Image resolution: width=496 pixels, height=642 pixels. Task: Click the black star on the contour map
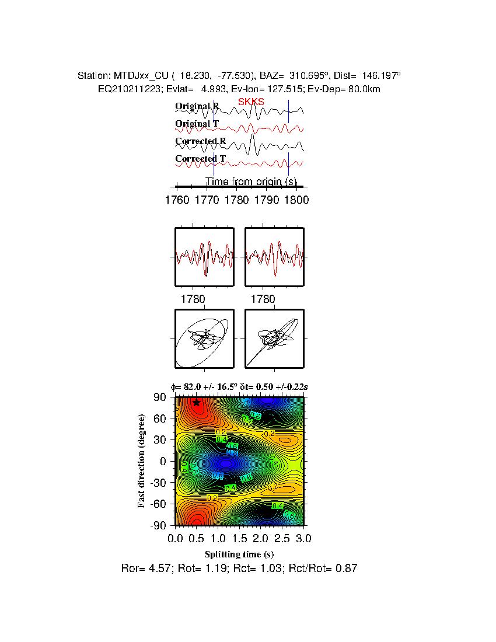(x=197, y=402)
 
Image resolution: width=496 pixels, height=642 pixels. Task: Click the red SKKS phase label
(x=251, y=102)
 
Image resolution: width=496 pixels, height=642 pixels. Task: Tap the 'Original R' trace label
(x=197, y=106)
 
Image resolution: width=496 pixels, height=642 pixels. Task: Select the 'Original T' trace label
(x=197, y=124)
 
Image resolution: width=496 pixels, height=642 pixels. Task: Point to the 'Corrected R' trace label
(x=200, y=141)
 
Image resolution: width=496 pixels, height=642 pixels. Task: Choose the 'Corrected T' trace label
(x=200, y=159)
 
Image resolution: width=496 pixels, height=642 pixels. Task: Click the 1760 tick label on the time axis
(x=177, y=200)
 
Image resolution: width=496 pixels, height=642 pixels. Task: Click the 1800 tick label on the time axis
(x=296, y=200)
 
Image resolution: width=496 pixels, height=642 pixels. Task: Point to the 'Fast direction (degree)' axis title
(x=142, y=461)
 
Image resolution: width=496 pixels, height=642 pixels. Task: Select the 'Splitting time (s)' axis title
(x=239, y=554)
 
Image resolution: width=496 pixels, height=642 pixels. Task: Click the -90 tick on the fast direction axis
(x=159, y=525)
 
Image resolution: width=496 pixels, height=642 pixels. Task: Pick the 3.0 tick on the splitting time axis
(x=303, y=538)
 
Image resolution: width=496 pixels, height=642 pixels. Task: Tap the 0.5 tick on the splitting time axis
(x=197, y=538)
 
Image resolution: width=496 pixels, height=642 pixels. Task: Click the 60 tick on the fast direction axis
(x=161, y=418)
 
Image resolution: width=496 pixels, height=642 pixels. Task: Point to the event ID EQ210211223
(x=125, y=89)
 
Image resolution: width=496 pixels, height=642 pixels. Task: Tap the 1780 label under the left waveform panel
(x=193, y=299)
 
